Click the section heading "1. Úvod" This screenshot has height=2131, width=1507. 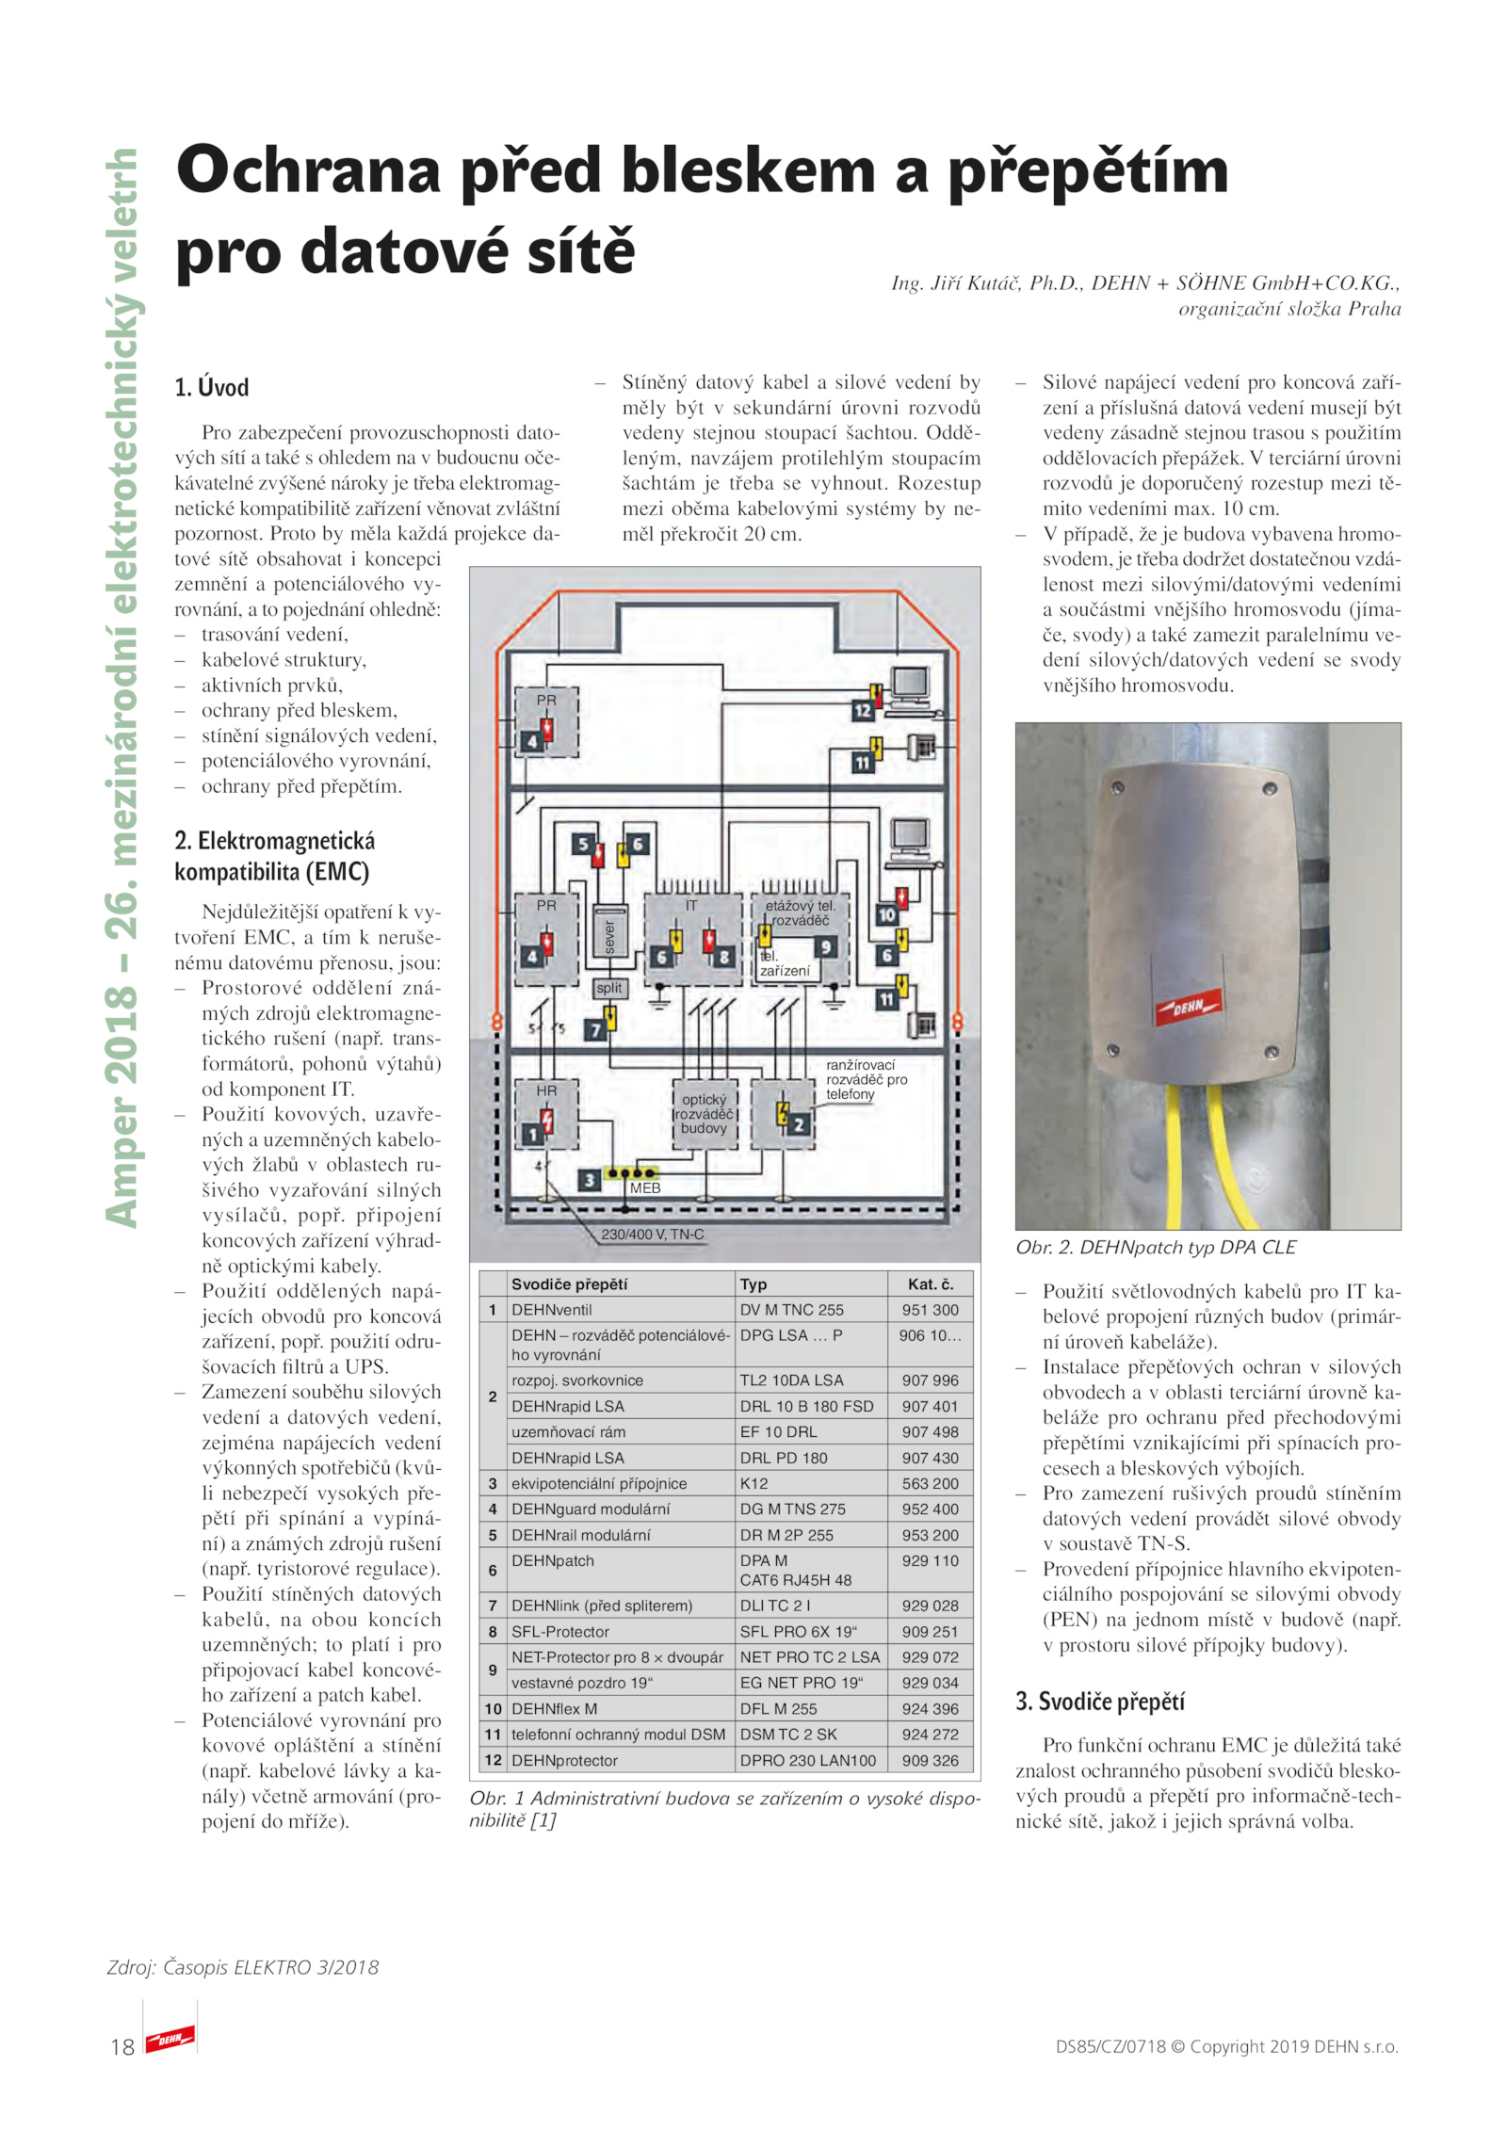point(212,387)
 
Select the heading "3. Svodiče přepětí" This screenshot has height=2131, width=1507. point(1100,1701)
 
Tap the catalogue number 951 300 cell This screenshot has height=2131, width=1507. point(930,1309)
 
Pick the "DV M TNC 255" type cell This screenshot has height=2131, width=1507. point(791,1309)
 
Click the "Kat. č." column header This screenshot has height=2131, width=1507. point(930,1283)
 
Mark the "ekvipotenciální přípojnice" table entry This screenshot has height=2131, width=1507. point(599,1483)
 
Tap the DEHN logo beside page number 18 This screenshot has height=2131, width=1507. point(170,2039)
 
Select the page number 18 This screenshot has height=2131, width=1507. point(122,2046)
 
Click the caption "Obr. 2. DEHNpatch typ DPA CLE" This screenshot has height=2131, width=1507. point(1156,1247)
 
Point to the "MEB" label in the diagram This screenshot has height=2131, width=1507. point(645,1188)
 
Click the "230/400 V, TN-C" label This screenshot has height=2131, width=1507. point(653,1234)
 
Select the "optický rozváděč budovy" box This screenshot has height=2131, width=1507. point(704,1114)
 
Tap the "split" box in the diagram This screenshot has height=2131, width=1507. point(608,987)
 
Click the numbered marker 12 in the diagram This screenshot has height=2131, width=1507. point(863,711)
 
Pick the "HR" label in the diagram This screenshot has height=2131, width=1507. point(546,1090)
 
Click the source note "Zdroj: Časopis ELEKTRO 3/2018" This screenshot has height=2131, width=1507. point(243,1967)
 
